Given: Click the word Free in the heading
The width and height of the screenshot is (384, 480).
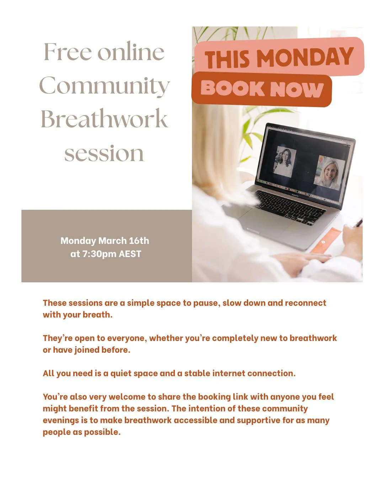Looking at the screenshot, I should (x=67, y=52).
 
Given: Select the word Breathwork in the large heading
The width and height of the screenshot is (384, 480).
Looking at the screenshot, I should (x=104, y=119).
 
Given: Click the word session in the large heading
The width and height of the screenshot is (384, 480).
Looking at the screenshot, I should (x=104, y=154).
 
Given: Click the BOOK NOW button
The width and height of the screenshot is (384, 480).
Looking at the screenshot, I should (x=262, y=89).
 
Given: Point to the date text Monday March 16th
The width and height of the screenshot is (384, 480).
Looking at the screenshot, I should (x=105, y=241).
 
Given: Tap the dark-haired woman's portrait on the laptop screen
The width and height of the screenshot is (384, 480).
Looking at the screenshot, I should (x=284, y=162).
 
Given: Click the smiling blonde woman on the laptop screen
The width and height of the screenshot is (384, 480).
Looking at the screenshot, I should (x=329, y=172).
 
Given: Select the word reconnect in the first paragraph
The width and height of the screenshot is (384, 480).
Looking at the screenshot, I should (x=305, y=303).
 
